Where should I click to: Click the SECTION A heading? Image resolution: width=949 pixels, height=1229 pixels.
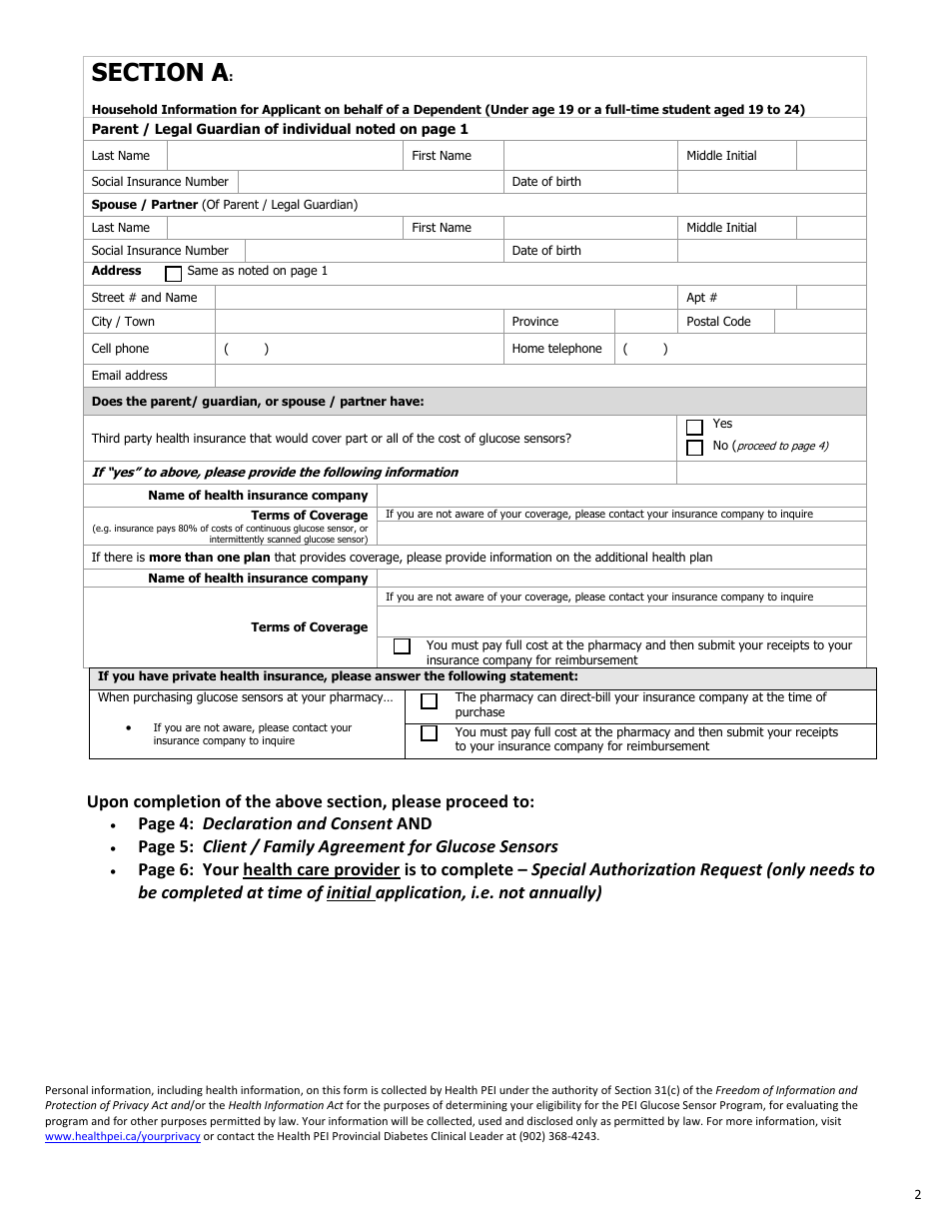[160, 73]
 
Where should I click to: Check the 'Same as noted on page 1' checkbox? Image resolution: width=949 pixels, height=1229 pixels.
[173, 273]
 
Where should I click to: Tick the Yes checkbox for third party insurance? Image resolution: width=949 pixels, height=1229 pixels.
[694, 427]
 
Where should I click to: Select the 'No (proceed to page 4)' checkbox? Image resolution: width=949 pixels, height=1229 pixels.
[694, 448]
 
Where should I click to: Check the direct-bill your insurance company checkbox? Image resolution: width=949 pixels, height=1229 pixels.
[429, 701]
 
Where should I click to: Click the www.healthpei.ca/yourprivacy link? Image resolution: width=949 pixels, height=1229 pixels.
[123, 1136]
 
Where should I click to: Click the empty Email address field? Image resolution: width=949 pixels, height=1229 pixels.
[539, 376]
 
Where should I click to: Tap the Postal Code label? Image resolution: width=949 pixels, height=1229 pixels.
[718, 322]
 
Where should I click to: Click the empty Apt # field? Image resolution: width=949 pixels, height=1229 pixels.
[830, 298]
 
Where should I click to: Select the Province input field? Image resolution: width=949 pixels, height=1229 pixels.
[645, 322]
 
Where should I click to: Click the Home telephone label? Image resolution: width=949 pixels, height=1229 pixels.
[556, 349]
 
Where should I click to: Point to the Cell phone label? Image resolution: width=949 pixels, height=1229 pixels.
[120, 349]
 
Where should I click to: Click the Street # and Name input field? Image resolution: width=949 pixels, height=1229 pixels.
[446, 298]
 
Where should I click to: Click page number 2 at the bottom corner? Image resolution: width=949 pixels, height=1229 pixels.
[917, 1194]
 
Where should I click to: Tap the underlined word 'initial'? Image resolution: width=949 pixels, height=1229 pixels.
[349, 892]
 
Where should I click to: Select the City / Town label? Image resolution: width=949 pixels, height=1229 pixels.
[123, 322]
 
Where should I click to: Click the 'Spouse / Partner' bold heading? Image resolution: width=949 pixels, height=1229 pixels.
[145, 205]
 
